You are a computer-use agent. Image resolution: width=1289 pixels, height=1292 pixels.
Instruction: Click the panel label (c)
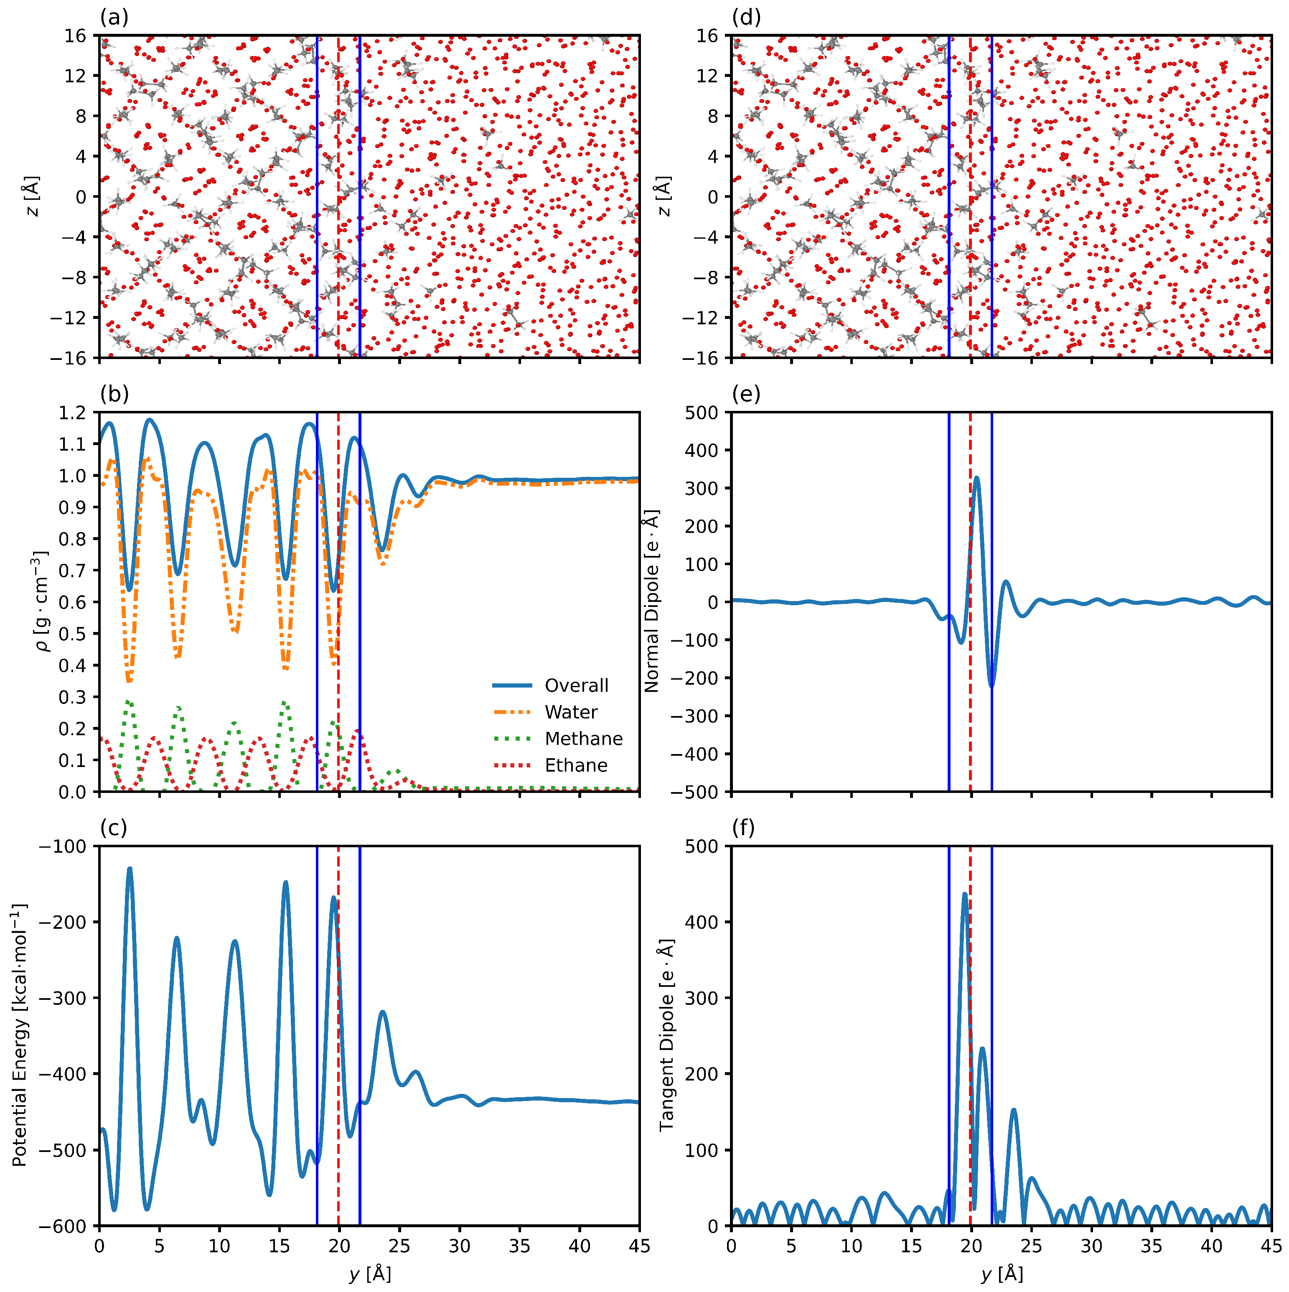click(114, 828)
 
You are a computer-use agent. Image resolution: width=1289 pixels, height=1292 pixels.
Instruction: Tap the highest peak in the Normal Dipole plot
click(976, 477)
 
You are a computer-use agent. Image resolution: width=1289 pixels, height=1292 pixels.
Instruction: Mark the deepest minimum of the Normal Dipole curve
click(992, 686)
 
